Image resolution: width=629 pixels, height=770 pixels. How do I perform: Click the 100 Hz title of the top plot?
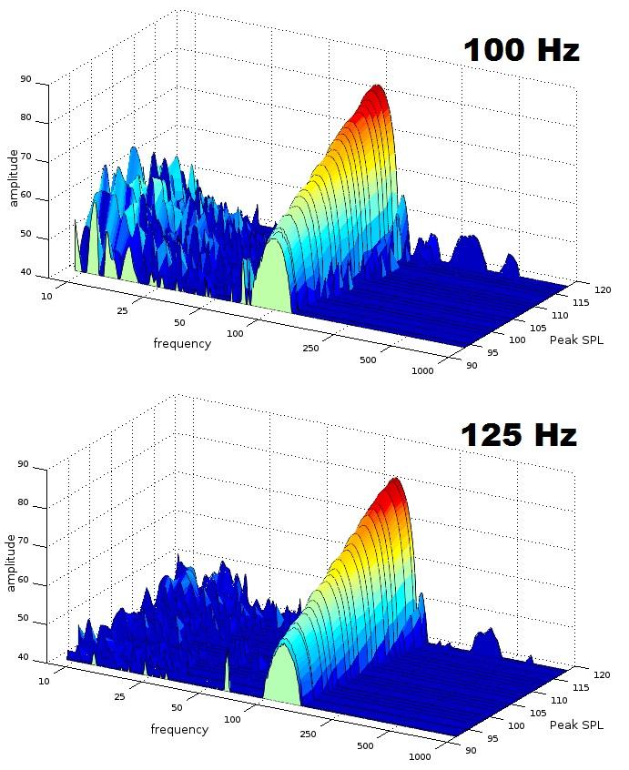(521, 49)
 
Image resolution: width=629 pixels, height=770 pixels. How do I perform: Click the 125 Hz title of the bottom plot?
(518, 434)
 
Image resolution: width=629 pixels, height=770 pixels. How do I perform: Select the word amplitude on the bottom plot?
(12, 562)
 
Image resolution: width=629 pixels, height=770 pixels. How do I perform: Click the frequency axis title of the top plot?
(182, 343)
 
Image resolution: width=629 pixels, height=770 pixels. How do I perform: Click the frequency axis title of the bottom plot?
(179, 729)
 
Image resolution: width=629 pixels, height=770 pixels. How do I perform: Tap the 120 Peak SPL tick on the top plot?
(602, 290)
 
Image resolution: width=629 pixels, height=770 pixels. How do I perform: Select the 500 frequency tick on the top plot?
(368, 360)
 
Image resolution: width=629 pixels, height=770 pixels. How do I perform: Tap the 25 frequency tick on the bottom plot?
(120, 697)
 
